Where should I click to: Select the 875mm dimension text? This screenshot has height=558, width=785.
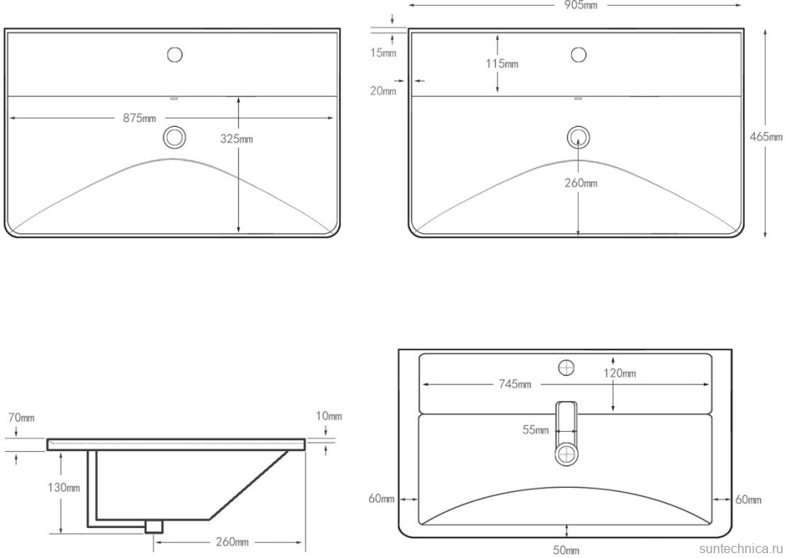(139, 119)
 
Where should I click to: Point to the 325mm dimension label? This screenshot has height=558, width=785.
(236, 139)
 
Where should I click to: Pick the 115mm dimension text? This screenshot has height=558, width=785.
(503, 64)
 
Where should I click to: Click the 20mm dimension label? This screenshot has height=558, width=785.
(384, 91)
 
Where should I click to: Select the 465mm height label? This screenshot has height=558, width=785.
(766, 137)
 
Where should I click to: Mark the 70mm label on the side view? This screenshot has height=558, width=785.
(21, 418)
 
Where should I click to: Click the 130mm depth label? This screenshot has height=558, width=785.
(63, 488)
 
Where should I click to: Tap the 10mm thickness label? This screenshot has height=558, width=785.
(329, 416)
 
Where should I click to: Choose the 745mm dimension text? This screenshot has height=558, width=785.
(514, 384)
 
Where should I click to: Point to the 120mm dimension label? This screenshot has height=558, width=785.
(619, 374)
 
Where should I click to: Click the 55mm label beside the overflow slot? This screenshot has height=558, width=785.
(535, 431)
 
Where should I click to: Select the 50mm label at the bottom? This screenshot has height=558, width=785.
(566, 551)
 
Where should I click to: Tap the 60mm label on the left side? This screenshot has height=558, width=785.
(381, 499)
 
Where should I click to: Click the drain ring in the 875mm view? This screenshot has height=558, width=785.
(174, 137)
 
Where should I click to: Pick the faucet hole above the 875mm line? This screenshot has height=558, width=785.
(174, 55)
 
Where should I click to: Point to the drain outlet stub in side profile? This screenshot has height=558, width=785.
(151, 526)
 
